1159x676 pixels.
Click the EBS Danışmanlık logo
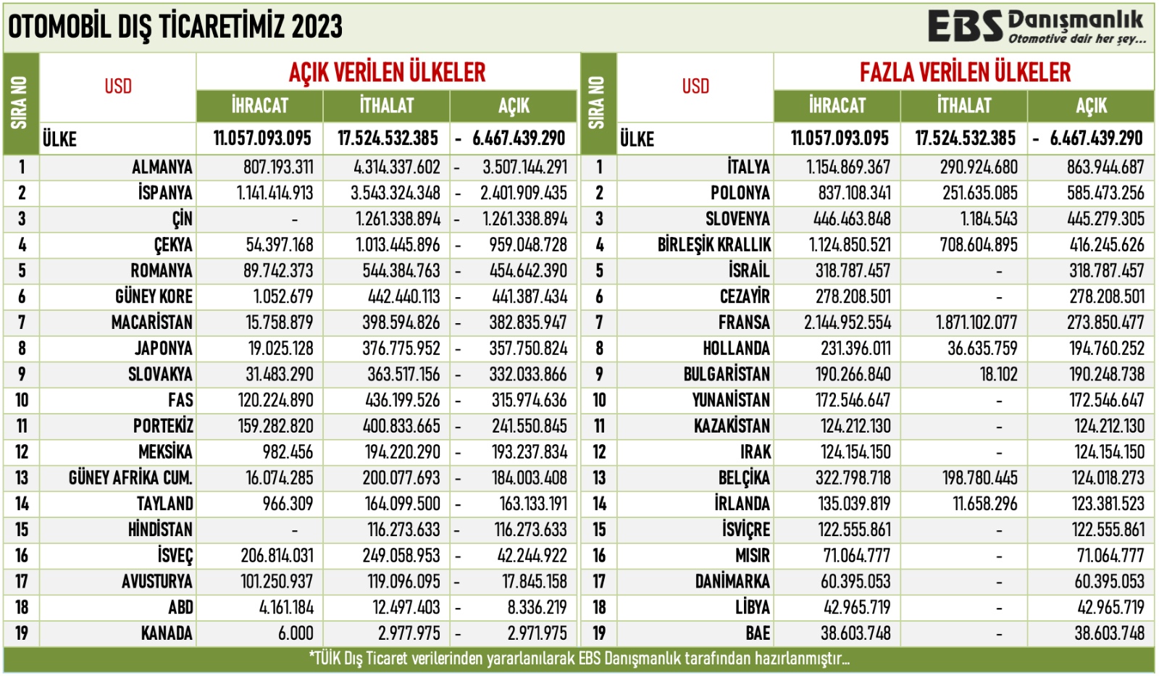pos(1037,27)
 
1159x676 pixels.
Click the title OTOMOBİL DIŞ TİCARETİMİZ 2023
pos(175,28)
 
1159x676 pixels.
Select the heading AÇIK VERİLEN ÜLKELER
pos(387,72)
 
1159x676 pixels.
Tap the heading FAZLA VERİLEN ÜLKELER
pos(964,72)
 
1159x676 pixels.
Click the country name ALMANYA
pos(162,167)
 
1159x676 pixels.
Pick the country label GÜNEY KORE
pos(154,297)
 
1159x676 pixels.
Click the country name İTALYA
pos(748,167)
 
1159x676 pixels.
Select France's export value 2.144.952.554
pos(848,323)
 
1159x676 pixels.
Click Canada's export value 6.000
pos(296,634)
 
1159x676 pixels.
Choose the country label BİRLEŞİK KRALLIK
pos(714,245)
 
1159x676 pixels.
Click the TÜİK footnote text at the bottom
pos(579,659)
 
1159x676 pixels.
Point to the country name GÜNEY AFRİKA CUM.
pos(130,478)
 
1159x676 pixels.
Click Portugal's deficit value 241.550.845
pos(530,427)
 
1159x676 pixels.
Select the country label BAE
pos(758,634)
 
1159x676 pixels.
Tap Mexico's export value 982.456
pos(288,453)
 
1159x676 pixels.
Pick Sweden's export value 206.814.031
pos(277,556)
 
